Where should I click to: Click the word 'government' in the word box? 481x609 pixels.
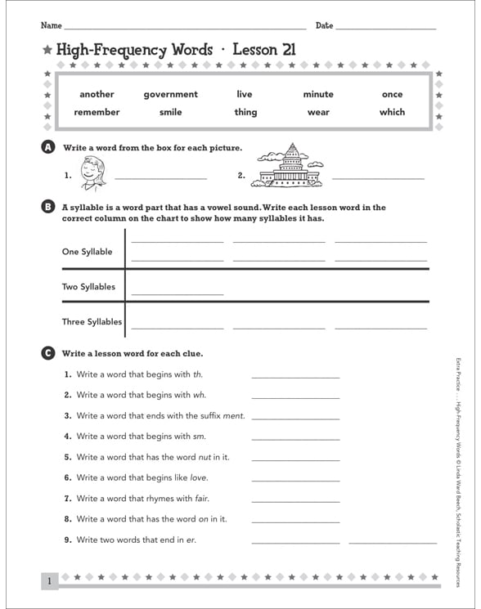pyautogui.click(x=170, y=94)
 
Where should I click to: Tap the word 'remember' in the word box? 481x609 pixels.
pyautogui.click(x=97, y=112)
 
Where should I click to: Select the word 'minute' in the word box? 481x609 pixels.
pyautogui.click(x=318, y=94)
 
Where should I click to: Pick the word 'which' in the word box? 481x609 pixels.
pyautogui.click(x=392, y=112)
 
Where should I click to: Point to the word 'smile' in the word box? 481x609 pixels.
pyautogui.click(x=170, y=112)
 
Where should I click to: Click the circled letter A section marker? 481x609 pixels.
pyautogui.click(x=47, y=147)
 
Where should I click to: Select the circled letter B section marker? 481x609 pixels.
pyautogui.click(x=47, y=208)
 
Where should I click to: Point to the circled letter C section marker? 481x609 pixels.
pyautogui.click(x=47, y=353)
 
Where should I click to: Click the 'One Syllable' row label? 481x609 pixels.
pyautogui.click(x=87, y=252)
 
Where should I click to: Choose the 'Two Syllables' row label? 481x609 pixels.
pyautogui.click(x=88, y=287)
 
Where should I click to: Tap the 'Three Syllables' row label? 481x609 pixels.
pyautogui.click(x=92, y=322)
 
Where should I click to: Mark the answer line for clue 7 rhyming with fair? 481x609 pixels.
pyautogui.click(x=295, y=499)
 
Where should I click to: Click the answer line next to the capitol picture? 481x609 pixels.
pyautogui.click(x=378, y=177)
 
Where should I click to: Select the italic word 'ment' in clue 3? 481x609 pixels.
pyautogui.click(x=234, y=416)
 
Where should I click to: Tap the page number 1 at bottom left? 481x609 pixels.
pyautogui.click(x=49, y=581)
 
